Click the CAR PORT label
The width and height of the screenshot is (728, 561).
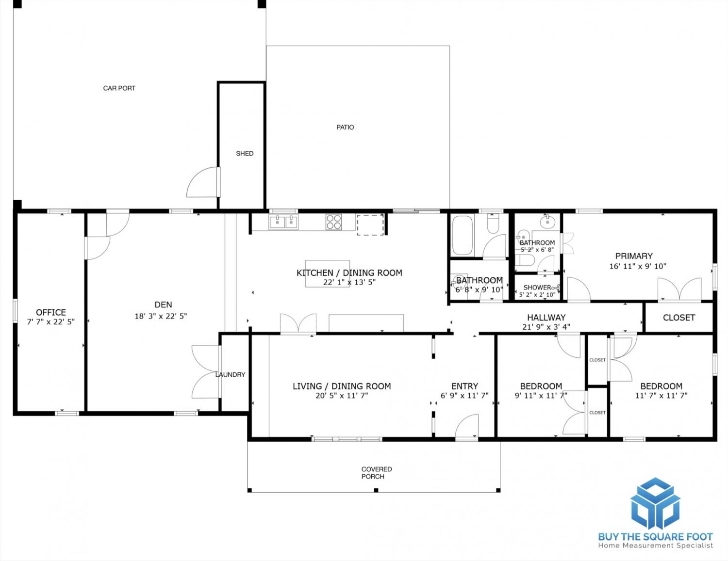119,88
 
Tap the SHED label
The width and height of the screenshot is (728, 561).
245,153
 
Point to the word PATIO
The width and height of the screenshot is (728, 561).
345,127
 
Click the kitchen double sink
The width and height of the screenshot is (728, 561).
283,222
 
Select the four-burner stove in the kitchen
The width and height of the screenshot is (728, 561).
334,222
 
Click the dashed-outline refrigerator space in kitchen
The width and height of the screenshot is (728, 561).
370,225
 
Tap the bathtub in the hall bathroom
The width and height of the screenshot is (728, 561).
463,235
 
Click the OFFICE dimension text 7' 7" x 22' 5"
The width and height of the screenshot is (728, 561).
51,322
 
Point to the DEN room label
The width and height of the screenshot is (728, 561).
163,305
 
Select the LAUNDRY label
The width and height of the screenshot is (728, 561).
230,374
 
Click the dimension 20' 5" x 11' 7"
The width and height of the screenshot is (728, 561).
342,396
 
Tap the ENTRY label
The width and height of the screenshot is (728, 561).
464,386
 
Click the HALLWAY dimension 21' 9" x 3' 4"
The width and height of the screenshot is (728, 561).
546,327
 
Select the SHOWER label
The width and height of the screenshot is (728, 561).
537,288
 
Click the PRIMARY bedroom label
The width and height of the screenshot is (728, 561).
634,256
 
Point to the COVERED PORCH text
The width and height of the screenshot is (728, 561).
376,473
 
